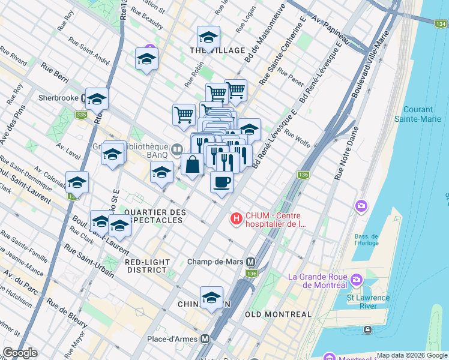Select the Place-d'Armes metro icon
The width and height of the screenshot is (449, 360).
(x=205, y=338)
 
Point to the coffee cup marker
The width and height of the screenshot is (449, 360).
(x=221, y=181)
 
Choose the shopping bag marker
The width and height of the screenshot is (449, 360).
(x=192, y=165)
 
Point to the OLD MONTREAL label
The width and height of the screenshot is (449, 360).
(x=279, y=314)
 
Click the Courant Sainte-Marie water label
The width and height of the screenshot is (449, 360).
(x=423, y=114)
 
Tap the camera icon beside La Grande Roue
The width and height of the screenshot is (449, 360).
(x=357, y=280)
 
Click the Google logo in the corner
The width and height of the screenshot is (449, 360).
(x=20, y=353)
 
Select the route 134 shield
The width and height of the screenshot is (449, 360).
(x=441, y=23)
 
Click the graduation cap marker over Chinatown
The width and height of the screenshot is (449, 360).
(x=211, y=298)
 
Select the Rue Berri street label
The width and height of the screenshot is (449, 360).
(x=55, y=74)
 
